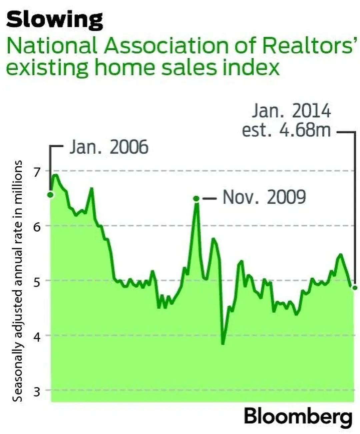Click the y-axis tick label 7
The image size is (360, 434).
(36, 172)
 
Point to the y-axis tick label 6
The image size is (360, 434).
(36, 227)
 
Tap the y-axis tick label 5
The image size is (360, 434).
(36, 281)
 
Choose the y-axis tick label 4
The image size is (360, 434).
(36, 336)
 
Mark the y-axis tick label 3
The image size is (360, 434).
(36, 391)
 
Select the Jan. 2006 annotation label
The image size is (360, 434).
(109, 147)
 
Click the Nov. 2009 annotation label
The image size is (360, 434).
(264, 197)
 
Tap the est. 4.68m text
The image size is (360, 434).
(286, 130)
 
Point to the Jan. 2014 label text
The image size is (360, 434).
(291, 111)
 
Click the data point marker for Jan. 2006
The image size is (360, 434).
(51, 195)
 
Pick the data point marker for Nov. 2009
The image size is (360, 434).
(196, 199)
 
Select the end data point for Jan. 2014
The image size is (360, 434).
(355, 287)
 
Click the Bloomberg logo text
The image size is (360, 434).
(298, 417)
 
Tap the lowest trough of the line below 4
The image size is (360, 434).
(223, 343)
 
